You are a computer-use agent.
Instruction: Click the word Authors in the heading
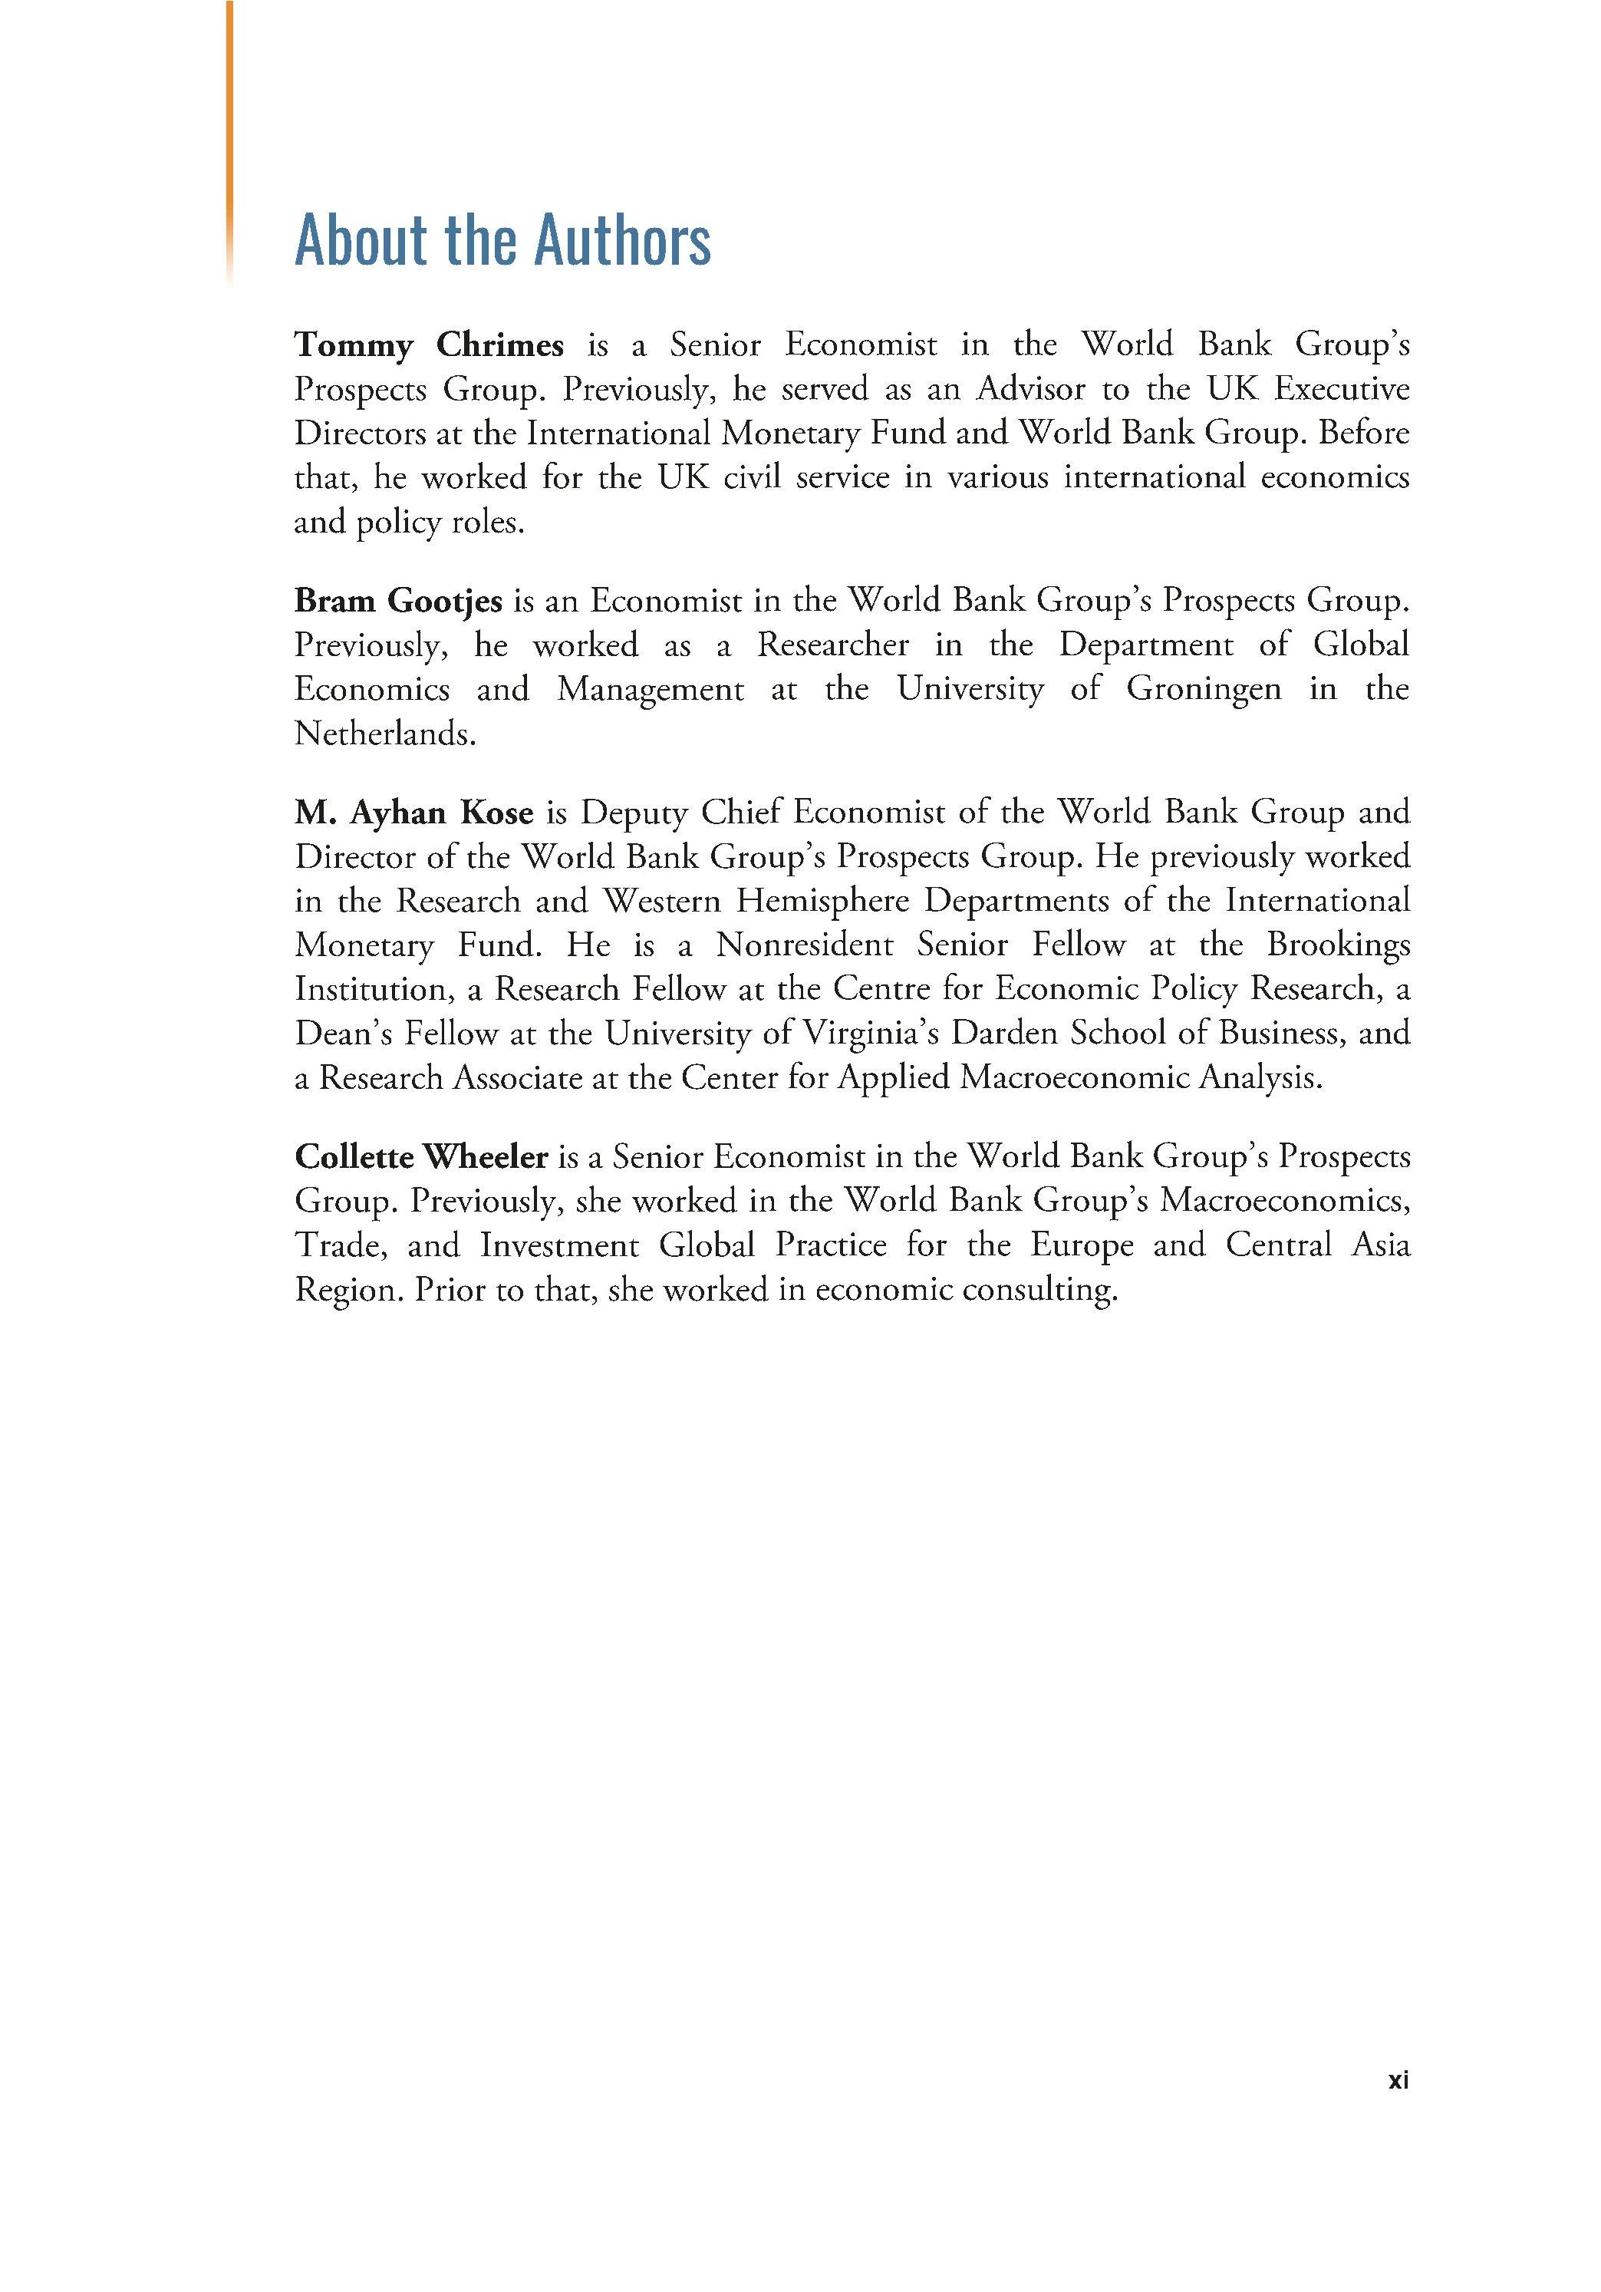623,239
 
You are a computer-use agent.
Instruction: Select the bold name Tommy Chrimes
428,345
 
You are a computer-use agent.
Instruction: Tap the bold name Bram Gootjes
397,601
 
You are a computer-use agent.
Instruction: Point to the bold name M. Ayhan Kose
413,813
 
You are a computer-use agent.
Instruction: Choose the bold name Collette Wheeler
421,1157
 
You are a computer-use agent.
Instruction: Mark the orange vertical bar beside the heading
229,140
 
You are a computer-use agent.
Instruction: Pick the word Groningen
1203,690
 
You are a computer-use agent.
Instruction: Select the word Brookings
1339,945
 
